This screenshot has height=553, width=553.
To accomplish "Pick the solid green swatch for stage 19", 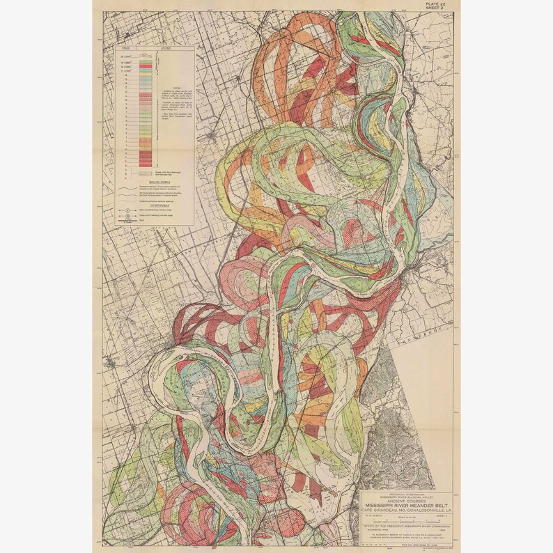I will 145,61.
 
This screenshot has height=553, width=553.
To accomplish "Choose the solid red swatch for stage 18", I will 145,67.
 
